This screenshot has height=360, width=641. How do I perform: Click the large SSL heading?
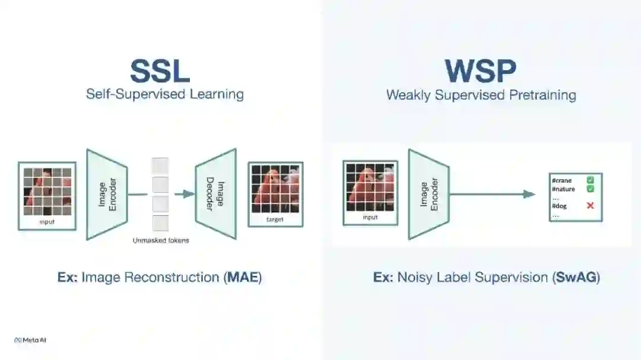[160, 71]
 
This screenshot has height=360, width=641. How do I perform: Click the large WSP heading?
[481, 71]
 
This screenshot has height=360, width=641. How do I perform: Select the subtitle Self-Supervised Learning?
[165, 94]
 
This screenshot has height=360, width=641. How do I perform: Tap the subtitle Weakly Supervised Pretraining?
[481, 95]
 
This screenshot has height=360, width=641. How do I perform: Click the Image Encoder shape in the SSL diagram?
[107, 194]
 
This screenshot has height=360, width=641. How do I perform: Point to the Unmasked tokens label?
[161, 240]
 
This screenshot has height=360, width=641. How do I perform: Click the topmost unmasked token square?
[160, 165]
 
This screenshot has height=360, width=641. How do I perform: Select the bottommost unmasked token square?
[160, 223]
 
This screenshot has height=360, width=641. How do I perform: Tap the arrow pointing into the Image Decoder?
[185, 194]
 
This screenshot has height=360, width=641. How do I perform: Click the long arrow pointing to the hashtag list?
[493, 194]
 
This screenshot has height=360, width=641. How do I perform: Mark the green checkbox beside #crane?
[591, 180]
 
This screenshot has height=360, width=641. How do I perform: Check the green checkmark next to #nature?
[591, 189]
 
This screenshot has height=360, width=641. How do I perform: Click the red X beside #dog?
[591, 206]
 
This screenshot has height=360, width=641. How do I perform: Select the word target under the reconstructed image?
[275, 219]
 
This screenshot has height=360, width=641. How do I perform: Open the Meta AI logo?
[30, 340]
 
